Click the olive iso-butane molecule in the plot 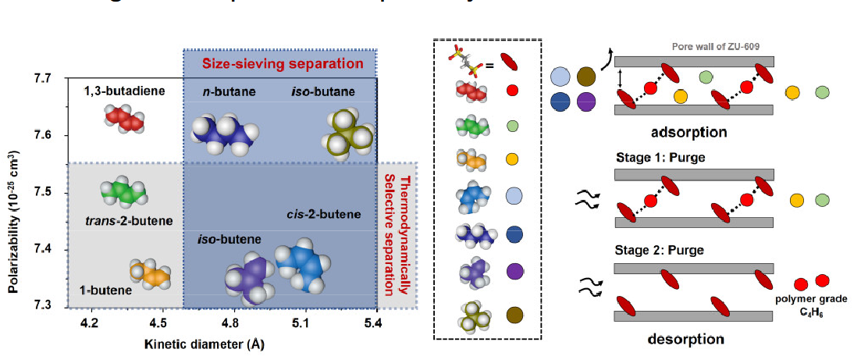(347, 137)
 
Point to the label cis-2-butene (326, 215)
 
